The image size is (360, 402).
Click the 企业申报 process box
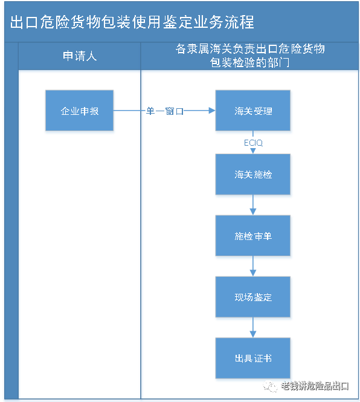click(x=79, y=112)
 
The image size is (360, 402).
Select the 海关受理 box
click(x=253, y=112)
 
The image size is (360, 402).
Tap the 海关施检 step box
click(x=253, y=175)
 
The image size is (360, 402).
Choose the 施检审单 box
click(x=253, y=236)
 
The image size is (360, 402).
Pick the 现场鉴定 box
click(x=253, y=297)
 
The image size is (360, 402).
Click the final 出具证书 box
click(x=253, y=359)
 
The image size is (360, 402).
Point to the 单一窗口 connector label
click(x=164, y=111)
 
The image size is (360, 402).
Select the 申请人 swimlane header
click(x=80, y=57)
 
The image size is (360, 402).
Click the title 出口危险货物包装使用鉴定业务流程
click(x=132, y=22)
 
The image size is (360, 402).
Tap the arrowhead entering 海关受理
click(x=211, y=111)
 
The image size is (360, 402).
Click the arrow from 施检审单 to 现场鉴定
click(x=253, y=268)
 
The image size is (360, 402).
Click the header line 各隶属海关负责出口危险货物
click(x=250, y=50)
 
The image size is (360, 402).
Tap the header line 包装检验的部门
click(x=250, y=62)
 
